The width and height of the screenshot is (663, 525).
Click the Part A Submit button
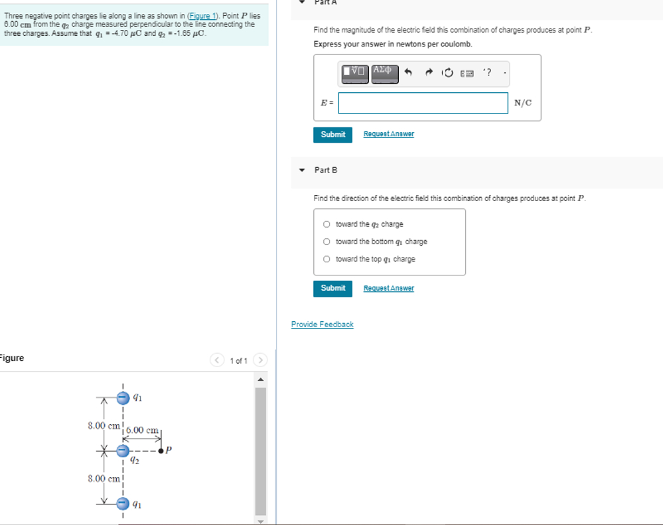(332, 134)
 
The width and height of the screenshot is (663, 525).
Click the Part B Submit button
(332, 288)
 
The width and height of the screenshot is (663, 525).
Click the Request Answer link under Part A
(388, 134)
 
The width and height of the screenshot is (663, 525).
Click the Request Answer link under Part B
(388, 288)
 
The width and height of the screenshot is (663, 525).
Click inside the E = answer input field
(423, 103)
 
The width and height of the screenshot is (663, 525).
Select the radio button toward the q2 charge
(327, 224)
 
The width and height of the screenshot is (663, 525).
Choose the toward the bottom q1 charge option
(327, 242)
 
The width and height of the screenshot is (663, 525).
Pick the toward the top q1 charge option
(327, 259)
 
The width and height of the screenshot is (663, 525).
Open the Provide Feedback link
(322, 325)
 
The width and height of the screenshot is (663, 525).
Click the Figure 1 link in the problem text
(203, 16)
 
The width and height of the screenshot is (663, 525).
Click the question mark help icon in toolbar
(488, 72)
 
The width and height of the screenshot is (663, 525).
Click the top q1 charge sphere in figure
(123, 398)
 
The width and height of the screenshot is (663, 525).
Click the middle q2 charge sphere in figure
(123, 451)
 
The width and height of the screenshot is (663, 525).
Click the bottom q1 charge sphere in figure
(123, 504)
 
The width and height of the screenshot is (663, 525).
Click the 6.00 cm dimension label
(143, 430)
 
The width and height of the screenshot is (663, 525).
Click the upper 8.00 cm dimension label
(104, 425)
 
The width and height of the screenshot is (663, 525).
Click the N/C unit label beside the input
(523, 103)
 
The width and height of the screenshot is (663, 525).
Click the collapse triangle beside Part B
(302, 170)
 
